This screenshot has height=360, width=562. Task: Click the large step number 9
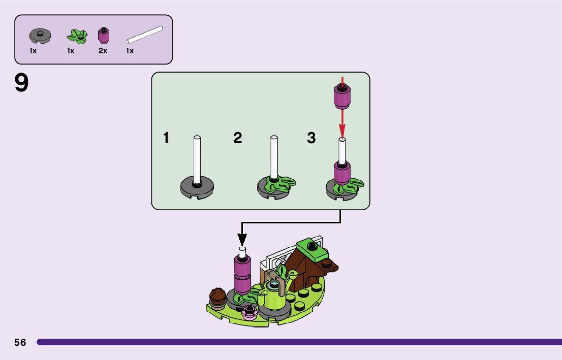tap(22, 83)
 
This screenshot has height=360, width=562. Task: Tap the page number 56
tap(20, 342)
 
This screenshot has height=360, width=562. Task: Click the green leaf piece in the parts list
tap(77, 37)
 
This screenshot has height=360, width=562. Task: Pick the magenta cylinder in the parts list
tap(103, 35)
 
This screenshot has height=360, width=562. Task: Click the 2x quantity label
tap(103, 51)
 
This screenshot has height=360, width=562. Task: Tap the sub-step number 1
tap(166, 138)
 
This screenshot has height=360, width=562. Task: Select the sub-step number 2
tap(237, 138)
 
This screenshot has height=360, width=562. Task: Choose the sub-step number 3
tap(311, 138)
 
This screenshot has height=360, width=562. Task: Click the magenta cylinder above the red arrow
tap(342, 96)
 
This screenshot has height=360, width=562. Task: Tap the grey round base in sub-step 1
tap(197, 187)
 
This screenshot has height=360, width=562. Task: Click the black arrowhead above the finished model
tap(242, 240)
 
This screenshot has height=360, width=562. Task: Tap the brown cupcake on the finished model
tap(218, 297)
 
